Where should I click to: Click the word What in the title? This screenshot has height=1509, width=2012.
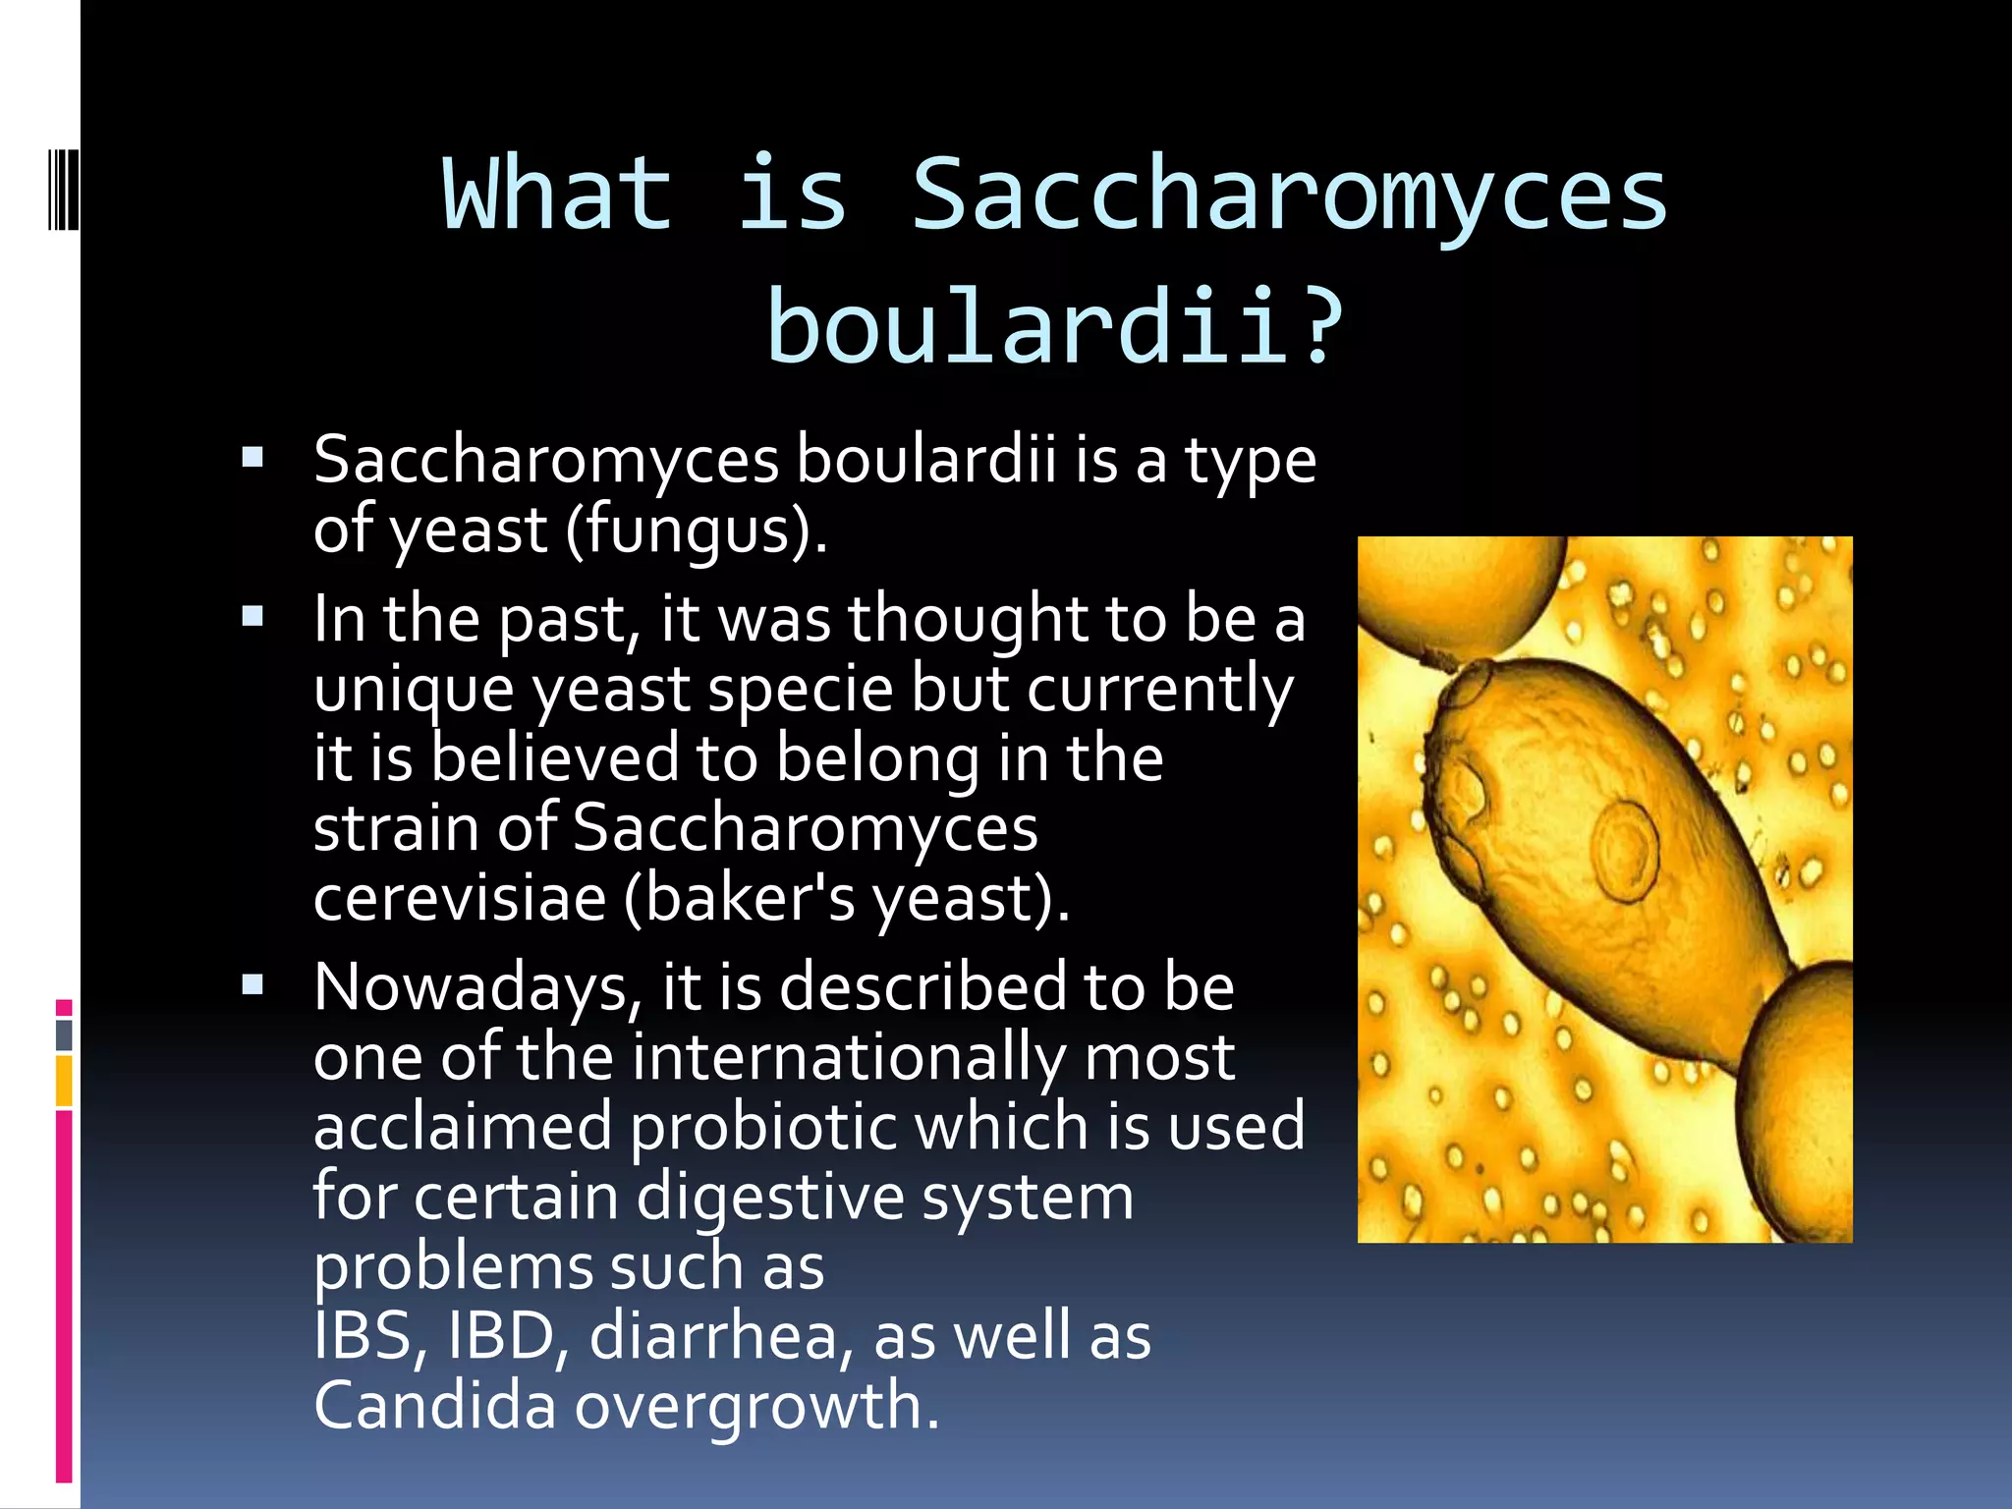click(557, 195)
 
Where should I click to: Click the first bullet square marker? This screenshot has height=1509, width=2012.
click(252, 457)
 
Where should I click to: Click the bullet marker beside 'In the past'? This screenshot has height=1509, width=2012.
click(252, 617)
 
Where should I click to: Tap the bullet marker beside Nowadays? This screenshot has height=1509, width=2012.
click(252, 984)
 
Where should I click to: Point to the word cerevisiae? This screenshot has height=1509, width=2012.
click(460, 898)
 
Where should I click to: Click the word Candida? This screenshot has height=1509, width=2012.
click(435, 1406)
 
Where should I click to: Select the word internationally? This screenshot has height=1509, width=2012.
click(847, 1057)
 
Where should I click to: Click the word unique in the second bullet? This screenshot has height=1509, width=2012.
click(413, 689)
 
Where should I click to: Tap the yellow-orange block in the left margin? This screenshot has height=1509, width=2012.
click(64, 1081)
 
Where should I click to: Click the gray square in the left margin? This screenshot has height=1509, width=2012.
click(64, 1034)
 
